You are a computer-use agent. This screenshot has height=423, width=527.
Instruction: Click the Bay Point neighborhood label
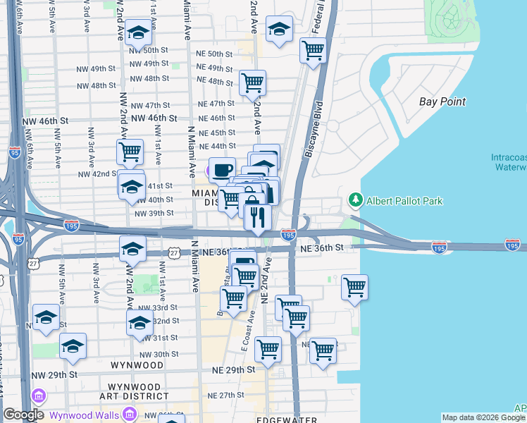point(442,102)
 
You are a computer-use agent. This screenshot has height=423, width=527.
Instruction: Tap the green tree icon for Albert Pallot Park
point(355,201)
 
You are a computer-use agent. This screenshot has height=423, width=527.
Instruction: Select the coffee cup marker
point(222,170)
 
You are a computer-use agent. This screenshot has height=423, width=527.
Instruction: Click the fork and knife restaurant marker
point(258,216)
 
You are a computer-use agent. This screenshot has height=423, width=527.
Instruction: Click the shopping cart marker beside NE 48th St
point(252,83)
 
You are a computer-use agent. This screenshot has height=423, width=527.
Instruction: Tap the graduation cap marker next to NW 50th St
point(140,32)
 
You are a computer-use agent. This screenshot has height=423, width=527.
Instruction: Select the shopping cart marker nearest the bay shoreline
point(354,287)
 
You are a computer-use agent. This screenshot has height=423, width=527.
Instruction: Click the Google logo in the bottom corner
point(23,414)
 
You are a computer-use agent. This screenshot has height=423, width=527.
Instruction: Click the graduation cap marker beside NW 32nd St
point(139,324)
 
